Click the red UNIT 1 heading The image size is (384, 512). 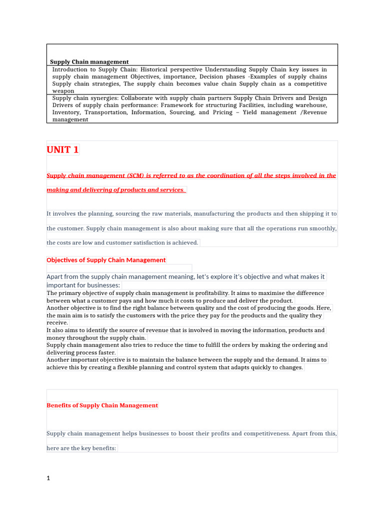[x=62, y=150]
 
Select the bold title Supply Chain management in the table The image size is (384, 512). [x=89, y=62]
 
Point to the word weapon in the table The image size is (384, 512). [x=63, y=91]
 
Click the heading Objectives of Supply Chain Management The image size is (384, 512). [x=106, y=260]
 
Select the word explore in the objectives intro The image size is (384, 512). [x=214, y=276]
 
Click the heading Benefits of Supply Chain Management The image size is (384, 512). [x=102, y=405]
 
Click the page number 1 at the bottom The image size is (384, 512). [x=48, y=478]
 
